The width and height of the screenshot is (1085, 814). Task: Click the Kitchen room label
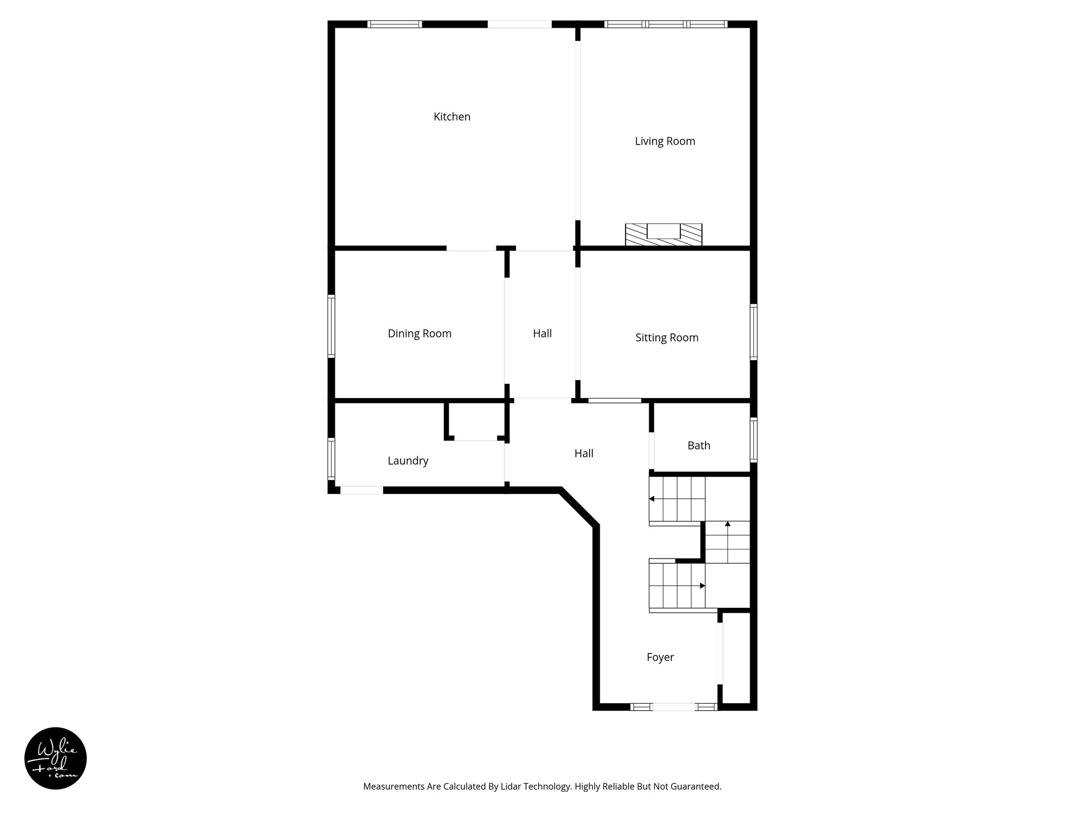click(452, 117)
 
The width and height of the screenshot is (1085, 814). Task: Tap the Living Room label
click(665, 141)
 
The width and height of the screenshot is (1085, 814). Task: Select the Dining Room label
click(420, 333)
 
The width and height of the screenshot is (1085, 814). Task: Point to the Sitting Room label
click(667, 338)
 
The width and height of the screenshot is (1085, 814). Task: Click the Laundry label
click(408, 461)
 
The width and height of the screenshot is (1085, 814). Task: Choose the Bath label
click(699, 445)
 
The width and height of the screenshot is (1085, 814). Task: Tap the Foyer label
click(660, 657)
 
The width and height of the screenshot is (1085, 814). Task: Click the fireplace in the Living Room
click(663, 235)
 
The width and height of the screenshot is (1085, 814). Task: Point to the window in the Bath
click(753, 439)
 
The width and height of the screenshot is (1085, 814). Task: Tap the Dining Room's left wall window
click(332, 326)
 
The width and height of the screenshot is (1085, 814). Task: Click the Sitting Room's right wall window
click(753, 332)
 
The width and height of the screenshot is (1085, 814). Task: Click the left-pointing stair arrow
click(652, 499)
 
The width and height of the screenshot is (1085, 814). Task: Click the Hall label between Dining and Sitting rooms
click(542, 333)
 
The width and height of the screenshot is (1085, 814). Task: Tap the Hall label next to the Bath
click(584, 453)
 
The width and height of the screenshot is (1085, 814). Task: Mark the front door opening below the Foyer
click(673, 706)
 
